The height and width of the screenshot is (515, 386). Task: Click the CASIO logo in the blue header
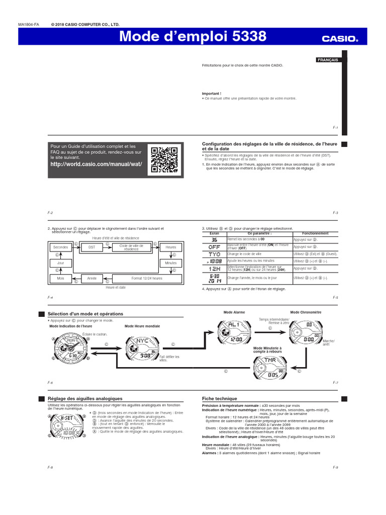click(340, 38)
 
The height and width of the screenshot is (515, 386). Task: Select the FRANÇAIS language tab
click(327, 60)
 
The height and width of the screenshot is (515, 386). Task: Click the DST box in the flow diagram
click(91, 247)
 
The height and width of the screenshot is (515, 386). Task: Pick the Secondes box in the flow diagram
click(61, 247)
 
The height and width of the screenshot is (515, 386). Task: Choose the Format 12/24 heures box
click(147, 278)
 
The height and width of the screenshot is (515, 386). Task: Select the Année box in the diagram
click(91, 278)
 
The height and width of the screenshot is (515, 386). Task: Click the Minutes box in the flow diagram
click(170, 263)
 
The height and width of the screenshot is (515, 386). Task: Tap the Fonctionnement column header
click(315, 234)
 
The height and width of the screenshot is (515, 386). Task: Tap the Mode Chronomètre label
click(306, 312)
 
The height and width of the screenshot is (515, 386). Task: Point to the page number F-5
click(335, 298)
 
